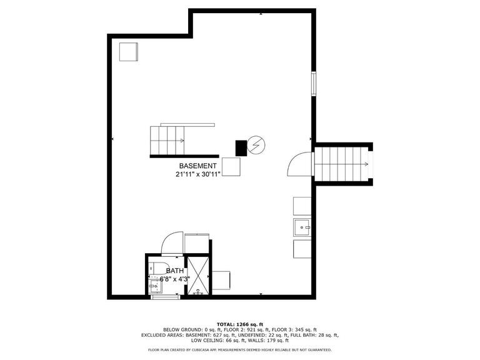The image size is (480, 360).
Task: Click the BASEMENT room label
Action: point(198,166)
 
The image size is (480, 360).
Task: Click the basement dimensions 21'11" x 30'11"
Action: point(198,174)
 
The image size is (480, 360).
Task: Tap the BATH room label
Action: point(175,271)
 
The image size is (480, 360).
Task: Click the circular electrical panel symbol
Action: point(256,146)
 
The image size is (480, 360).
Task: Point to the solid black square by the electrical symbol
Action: point(241,148)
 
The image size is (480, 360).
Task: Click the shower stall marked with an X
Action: point(199,275)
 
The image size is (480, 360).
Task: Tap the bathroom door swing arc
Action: point(171,242)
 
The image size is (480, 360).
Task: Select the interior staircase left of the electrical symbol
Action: point(167,140)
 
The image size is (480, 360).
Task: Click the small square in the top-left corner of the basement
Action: point(129,51)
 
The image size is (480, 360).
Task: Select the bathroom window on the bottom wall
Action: point(165,297)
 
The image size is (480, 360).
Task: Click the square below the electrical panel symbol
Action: point(231,167)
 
